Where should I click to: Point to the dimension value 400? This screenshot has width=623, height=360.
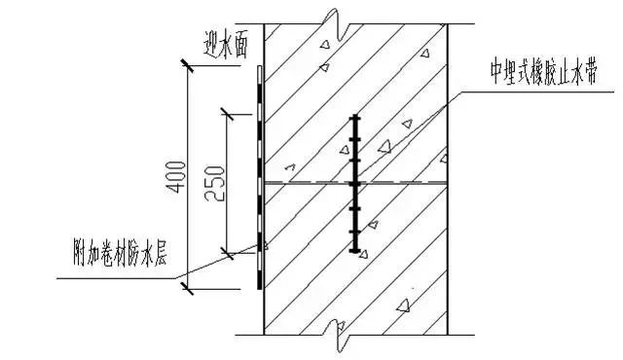173,176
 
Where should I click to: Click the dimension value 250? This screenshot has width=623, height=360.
215,182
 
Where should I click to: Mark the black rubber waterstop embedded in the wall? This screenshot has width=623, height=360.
356,182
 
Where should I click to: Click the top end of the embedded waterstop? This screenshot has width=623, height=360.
356,116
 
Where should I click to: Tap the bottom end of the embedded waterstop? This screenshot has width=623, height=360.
356,250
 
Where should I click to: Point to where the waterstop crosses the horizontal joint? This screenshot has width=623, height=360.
356,183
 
